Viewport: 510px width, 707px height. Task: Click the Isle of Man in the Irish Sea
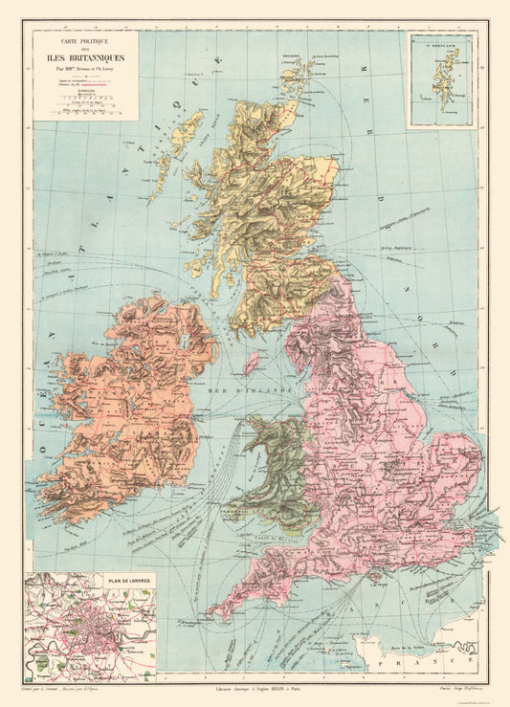[x=252, y=363]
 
